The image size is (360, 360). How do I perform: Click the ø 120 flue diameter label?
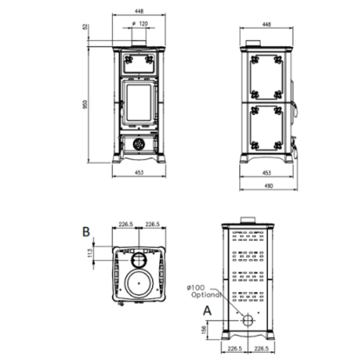click(x=139, y=24)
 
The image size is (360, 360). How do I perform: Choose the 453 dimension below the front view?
click(x=139, y=170)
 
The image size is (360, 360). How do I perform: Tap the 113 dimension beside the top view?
click(x=91, y=253)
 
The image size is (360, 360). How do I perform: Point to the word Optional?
click(x=206, y=294)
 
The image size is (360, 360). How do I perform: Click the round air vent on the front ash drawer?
click(x=139, y=144)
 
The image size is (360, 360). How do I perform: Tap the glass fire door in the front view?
click(x=139, y=105)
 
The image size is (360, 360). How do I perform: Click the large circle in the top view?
click(x=140, y=284)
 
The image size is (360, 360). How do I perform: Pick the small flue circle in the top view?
click(x=140, y=258)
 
